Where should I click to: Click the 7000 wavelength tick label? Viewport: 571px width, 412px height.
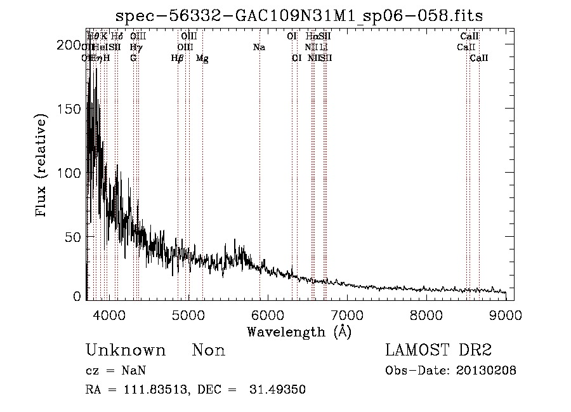[x=347, y=315]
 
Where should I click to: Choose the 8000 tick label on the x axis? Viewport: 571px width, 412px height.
[x=426, y=315]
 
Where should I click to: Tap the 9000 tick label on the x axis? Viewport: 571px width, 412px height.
[x=506, y=315]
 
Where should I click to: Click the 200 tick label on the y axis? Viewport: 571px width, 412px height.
[x=68, y=45]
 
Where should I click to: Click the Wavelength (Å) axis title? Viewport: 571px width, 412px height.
[x=299, y=331]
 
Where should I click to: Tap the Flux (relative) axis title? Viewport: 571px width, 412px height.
[x=43, y=167]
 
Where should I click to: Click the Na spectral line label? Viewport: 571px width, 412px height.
[x=259, y=48]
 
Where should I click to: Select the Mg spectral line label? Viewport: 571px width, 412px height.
[x=202, y=58]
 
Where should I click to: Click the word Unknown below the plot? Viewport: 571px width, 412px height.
[x=125, y=351]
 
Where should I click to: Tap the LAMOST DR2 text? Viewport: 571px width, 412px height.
[x=438, y=350]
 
